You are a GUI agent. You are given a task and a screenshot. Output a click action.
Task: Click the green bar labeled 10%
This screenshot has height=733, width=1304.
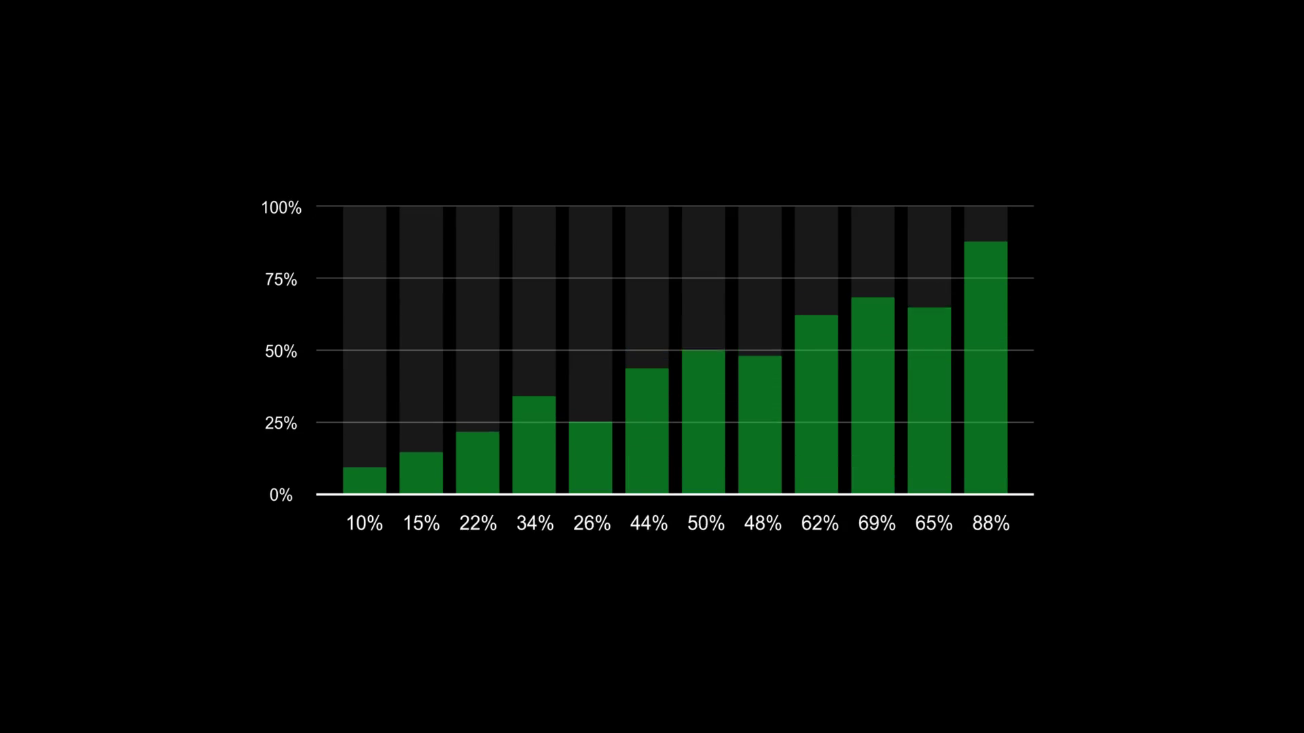point(365,480)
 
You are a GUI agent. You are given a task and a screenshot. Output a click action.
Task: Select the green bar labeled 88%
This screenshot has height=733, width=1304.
point(985,367)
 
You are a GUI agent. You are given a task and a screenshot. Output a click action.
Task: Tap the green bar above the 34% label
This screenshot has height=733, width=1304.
point(534,445)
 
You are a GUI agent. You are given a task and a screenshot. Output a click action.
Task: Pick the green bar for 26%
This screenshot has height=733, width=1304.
point(590,457)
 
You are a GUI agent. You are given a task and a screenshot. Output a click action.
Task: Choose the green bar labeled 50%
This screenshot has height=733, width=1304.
point(703,421)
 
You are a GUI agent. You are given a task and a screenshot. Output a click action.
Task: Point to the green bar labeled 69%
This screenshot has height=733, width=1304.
point(873,395)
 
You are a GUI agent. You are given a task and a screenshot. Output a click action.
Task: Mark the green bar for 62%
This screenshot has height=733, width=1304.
point(816,404)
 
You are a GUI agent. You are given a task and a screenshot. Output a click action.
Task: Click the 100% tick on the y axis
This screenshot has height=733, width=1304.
point(281,208)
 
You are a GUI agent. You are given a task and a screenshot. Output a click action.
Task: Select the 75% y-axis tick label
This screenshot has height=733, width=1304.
point(281,280)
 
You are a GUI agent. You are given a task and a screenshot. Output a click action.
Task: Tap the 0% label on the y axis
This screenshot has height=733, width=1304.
point(281,495)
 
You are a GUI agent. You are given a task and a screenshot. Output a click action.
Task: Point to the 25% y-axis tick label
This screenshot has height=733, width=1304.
point(281,424)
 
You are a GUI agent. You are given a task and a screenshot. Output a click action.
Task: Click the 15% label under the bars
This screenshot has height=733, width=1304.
point(421,523)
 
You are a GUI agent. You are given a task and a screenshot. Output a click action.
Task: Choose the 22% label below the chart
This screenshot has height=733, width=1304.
point(478,523)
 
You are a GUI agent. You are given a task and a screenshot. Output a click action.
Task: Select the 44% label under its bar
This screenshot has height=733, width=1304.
point(649,523)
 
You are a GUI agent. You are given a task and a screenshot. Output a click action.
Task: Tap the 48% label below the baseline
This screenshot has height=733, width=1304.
point(763,523)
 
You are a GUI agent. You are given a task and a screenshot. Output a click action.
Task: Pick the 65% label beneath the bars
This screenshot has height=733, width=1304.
point(934,523)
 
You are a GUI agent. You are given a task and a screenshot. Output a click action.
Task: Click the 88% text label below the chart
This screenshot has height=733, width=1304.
point(991,523)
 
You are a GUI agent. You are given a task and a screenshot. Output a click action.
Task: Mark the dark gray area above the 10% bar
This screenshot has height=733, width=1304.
point(365,336)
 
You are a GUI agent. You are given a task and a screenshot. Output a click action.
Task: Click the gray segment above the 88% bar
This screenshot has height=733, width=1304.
point(985,223)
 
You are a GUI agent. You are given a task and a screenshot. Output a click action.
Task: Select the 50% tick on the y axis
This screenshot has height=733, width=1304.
point(281,352)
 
